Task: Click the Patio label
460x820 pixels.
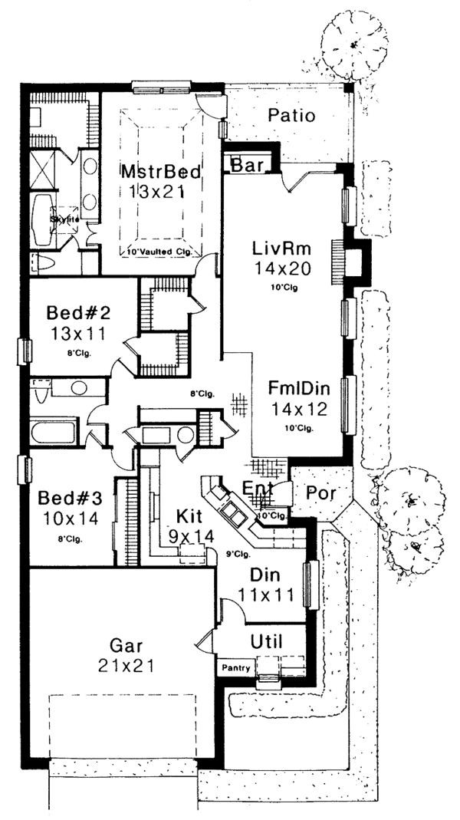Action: point(292,116)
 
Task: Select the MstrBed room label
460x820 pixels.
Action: point(161,171)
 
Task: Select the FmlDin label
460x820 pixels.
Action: point(300,387)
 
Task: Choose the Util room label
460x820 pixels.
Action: point(266,640)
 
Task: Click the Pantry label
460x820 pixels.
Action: point(237,668)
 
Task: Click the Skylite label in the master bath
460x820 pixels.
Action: point(65,219)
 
